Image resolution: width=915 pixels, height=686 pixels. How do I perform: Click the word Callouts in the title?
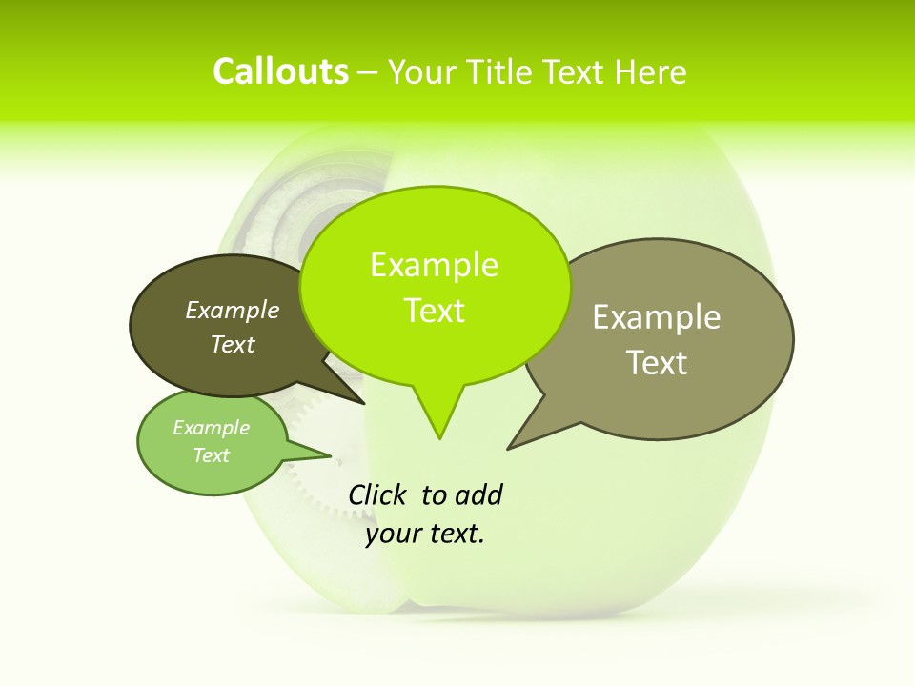click(280, 72)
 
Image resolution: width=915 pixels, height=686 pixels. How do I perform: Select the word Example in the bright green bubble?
click(434, 265)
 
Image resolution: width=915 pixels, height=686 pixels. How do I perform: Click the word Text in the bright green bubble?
click(434, 311)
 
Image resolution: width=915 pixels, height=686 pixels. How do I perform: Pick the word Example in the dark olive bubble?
click(233, 311)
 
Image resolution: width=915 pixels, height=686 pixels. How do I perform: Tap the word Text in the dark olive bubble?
click(233, 345)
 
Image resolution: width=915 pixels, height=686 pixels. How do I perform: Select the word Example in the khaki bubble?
click(657, 317)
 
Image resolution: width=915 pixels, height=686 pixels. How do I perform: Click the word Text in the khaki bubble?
click(657, 363)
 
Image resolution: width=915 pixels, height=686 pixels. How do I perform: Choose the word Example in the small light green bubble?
click(211, 428)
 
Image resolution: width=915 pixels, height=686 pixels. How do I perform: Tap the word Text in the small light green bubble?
click(211, 455)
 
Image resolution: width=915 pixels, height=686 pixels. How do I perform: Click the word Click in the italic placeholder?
click(377, 495)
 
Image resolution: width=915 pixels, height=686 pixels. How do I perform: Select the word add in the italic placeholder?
click(478, 495)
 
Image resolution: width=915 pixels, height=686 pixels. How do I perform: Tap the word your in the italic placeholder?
click(394, 534)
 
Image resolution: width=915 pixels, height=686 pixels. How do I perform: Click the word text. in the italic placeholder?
click(454, 534)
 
